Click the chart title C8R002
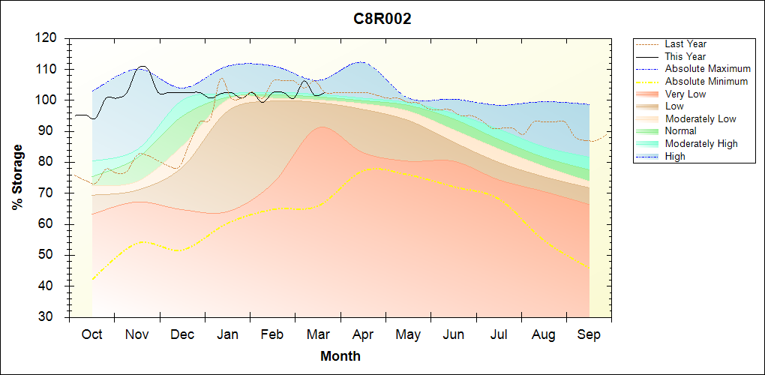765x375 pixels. coord(382,19)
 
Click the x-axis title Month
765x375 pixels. coord(340,356)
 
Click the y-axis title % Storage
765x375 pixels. coord(18,181)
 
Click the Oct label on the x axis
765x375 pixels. coord(92,334)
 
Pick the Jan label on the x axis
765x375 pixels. coord(227,334)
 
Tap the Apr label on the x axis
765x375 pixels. coord(363,334)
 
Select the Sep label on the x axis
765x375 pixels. coord(589,334)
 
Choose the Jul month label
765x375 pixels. coord(498,334)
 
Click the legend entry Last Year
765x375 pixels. coord(685,44)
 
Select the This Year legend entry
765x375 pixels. coord(685,56)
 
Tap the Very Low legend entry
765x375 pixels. coord(685,94)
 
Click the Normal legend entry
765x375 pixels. coord(680,131)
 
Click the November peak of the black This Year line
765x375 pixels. coord(142,67)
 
